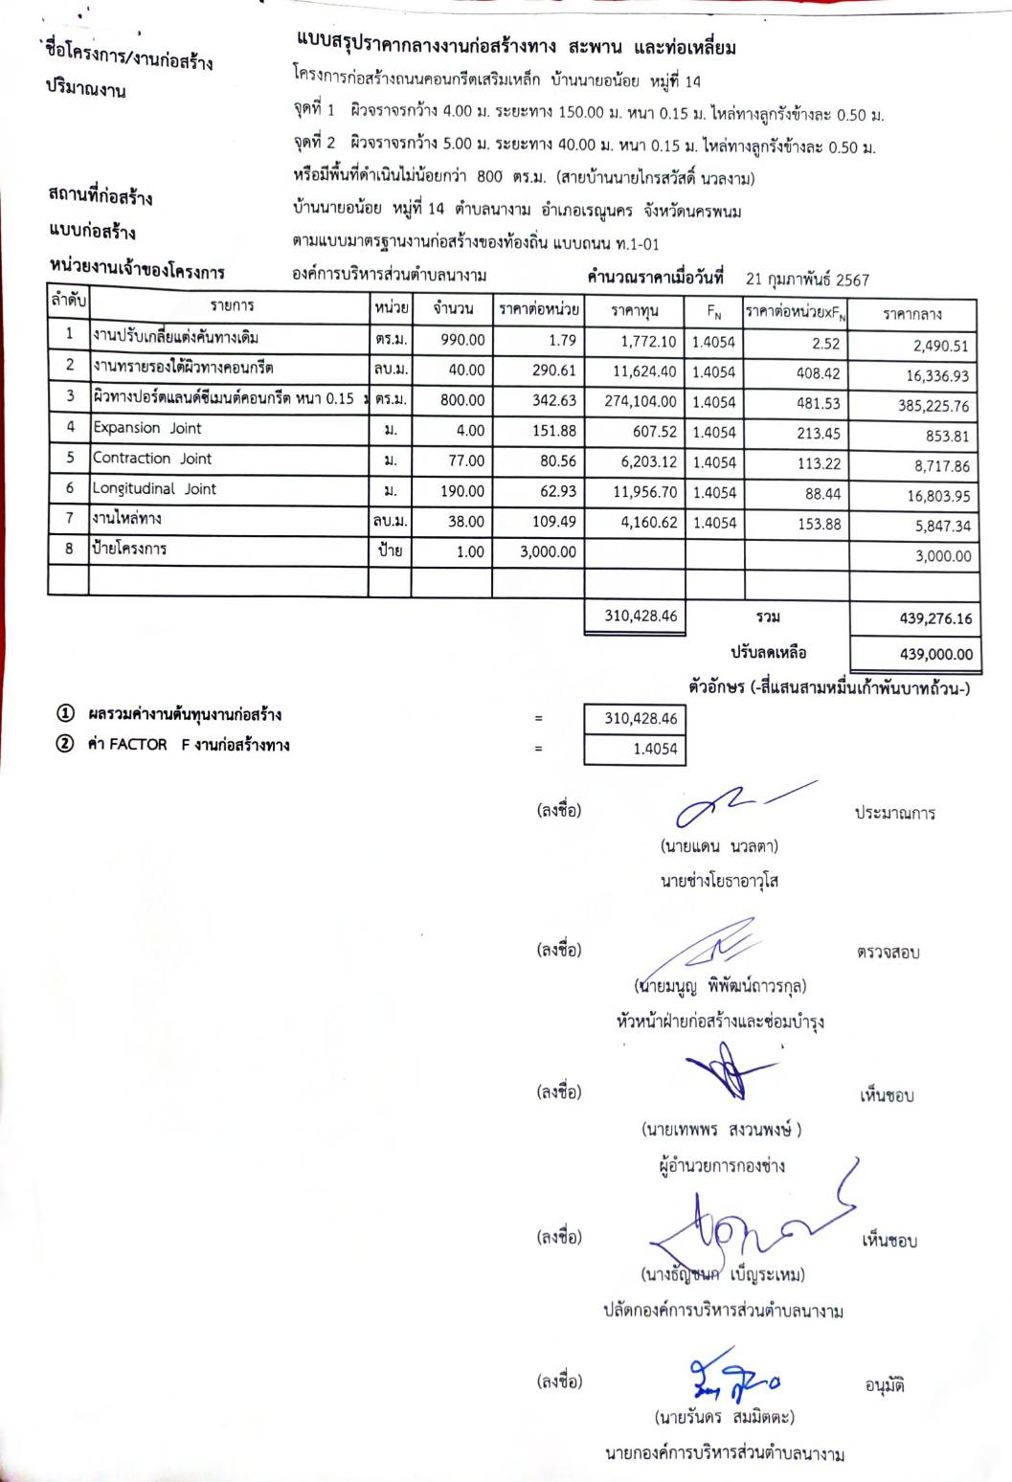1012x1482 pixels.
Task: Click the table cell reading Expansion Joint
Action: pos(146,428)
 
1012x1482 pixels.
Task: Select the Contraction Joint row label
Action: pos(151,459)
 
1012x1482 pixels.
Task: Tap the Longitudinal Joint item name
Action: pos(154,489)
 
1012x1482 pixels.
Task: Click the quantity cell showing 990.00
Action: pos(462,340)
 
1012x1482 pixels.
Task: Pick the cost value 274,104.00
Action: pos(640,402)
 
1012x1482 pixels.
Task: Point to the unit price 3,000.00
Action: pos(548,551)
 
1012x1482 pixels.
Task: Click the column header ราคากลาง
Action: pos(911,314)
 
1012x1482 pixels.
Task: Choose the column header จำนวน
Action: pos(452,308)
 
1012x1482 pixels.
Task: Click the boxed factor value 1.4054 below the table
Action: pos(654,750)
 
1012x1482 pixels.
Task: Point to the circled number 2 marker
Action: pos(64,744)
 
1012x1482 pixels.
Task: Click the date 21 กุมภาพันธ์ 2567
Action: pos(807,280)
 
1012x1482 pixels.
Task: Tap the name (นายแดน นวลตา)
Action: pos(718,846)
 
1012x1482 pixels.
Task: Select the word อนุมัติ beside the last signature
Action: pos(884,1385)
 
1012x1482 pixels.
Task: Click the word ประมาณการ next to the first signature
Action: pos(894,813)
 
